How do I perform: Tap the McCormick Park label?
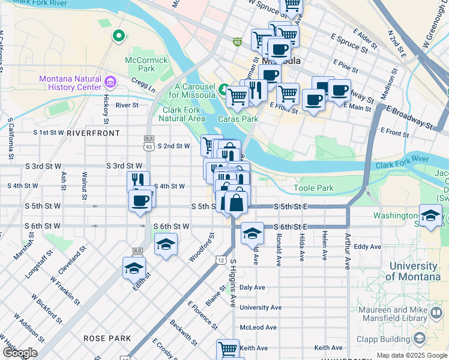(140, 64)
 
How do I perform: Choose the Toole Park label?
(313, 188)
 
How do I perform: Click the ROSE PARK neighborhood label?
(107, 338)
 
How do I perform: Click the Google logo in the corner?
(20, 353)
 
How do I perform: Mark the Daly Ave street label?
(252, 287)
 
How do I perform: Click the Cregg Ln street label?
(143, 88)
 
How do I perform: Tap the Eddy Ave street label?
(367, 247)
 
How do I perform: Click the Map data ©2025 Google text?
(411, 355)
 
